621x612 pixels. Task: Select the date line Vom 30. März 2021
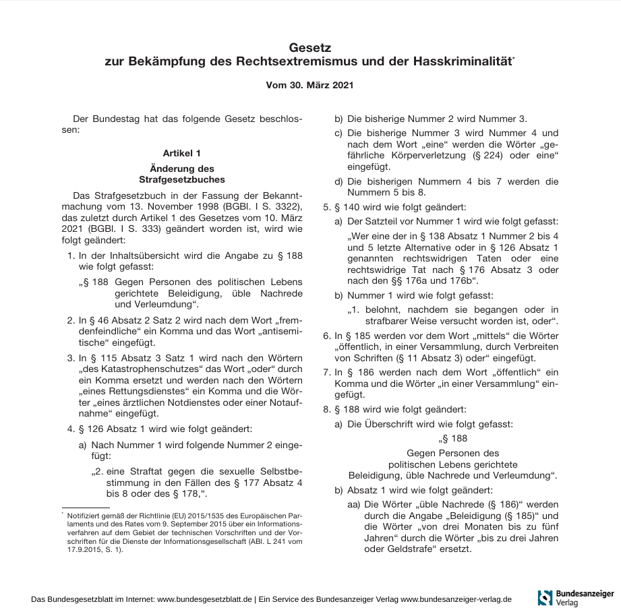(310, 86)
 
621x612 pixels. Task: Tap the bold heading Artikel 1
(181, 154)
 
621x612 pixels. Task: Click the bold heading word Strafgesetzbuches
(181, 180)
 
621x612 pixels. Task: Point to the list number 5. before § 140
(328, 208)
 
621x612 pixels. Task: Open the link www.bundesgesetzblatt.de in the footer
(205, 599)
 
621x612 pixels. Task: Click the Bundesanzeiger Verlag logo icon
(545, 597)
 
